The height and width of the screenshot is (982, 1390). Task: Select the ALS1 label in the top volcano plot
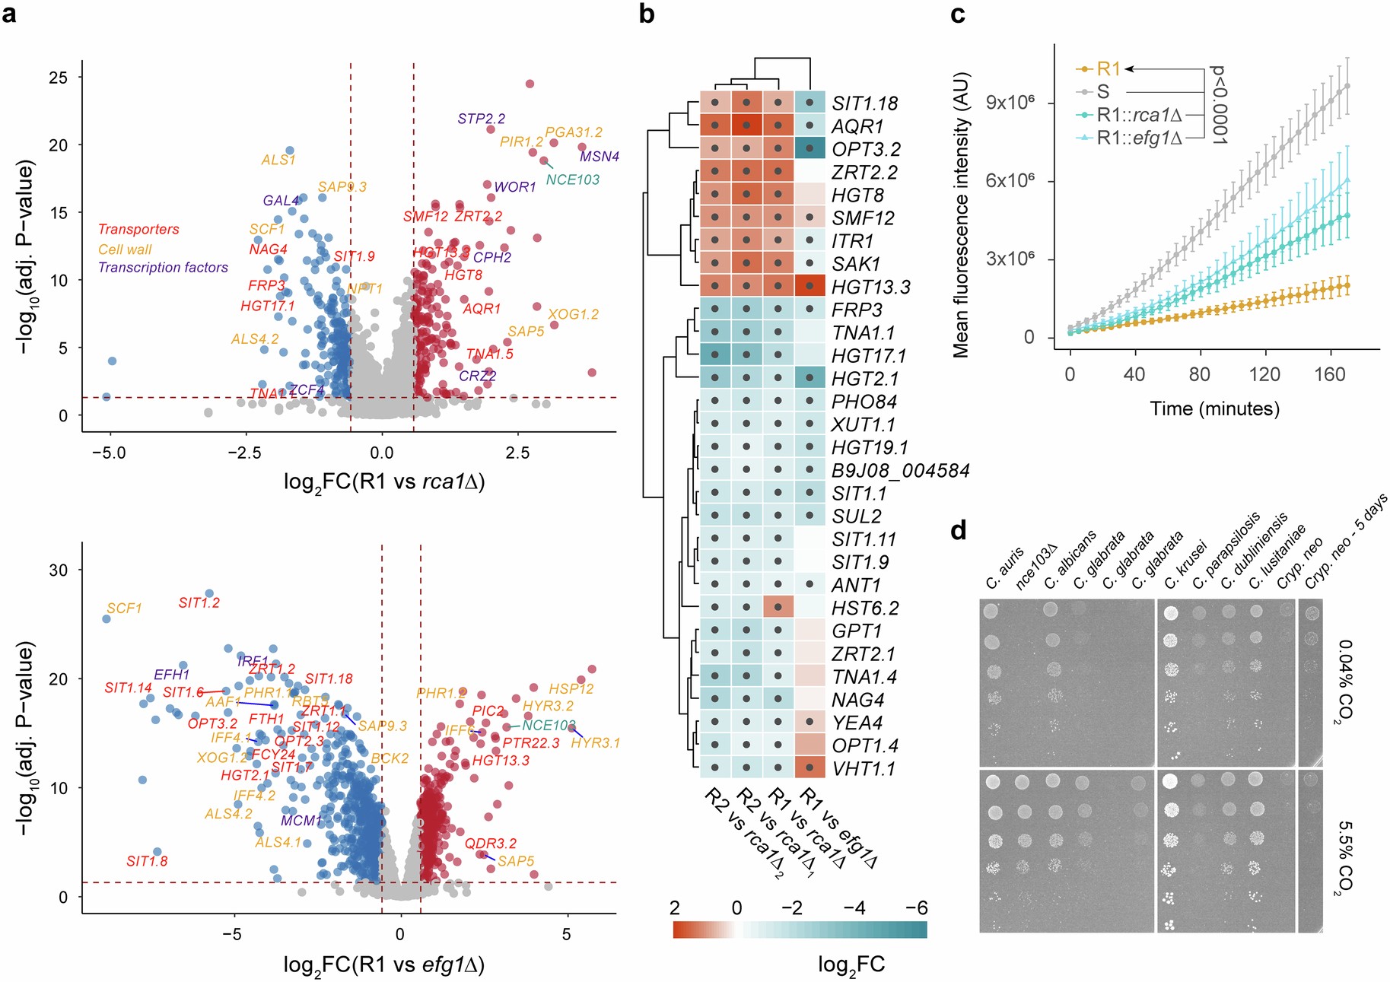pyautogui.click(x=278, y=160)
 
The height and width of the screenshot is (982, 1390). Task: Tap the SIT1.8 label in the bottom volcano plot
pyautogui.click(x=147, y=861)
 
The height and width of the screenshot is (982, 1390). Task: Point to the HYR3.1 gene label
pyautogui.click(x=595, y=742)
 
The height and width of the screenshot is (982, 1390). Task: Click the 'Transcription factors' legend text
pyautogui.click(x=163, y=268)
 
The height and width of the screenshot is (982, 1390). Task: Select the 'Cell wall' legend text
pyautogui.click(x=125, y=249)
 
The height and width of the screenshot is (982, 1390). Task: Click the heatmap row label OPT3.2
pyautogui.click(x=866, y=149)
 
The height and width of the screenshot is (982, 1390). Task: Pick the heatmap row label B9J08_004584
pyautogui.click(x=900, y=471)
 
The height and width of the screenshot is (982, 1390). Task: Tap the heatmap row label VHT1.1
pyautogui.click(x=864, y=769)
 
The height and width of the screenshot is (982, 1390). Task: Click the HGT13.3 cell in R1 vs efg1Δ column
pyautogui.click(x=810, y=286)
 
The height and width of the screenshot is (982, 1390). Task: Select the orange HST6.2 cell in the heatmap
pyautogui.click(x=778, y=607)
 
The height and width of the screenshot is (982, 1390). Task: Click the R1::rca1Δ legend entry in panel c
pyautogui.click(x=1138, y=116)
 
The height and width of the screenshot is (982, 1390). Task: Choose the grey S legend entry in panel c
pyautogui.click(x=1102, y=92)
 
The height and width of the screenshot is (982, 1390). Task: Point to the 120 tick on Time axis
pyautogui.click(x=1264, y=374)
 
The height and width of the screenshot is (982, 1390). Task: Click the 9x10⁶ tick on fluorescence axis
pyautogui.click(x=1010, y=103)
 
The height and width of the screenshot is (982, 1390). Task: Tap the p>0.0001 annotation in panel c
pyautogui.click(x=1219, y=104)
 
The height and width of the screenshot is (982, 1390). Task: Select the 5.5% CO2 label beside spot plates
pyautogui.click(x=1344, y=857)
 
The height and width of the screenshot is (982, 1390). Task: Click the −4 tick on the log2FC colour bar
pyautogui.click(x=854, y=907)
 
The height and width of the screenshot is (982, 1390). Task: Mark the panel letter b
pyautogui.click(x=647, y=14)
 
